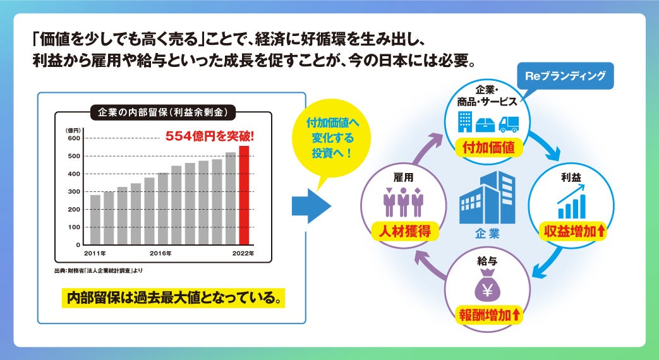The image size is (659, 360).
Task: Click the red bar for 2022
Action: click(244, 195)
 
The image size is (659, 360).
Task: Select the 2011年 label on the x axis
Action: click(94, 253)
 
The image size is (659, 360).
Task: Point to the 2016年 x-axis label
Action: click(160, 253)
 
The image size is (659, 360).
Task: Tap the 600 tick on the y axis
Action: click(74, 138)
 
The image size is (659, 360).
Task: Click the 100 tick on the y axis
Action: click(74, 227)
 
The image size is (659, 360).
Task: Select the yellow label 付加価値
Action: click(488, 148)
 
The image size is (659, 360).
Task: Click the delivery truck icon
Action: click(509, 123)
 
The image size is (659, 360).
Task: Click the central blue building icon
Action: click(487, 199)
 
